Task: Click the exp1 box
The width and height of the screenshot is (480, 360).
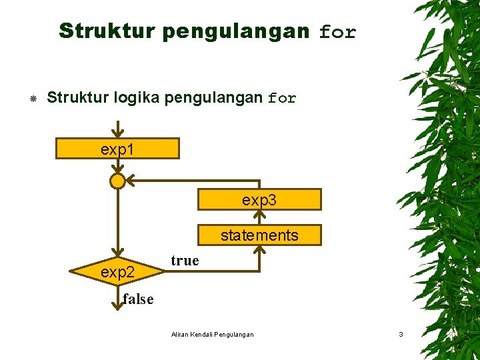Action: [117, 149]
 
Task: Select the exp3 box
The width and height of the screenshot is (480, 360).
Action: [259, 199]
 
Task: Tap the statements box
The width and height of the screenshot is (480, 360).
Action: [259, 235]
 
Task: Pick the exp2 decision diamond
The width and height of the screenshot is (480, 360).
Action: [117, 272]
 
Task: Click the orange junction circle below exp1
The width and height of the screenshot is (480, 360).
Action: [117, 181]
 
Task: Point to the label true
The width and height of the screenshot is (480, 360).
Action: [185, 261]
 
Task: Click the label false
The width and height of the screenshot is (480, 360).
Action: [138, 299]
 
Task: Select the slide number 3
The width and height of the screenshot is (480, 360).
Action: [401, 334]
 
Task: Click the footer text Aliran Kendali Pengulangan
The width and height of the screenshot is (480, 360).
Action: [212, 334]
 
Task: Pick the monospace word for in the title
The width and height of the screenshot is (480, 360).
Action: [338, 32]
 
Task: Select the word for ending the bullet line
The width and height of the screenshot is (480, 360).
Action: [282, 99]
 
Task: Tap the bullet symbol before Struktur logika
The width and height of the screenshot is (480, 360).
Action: [32, 99]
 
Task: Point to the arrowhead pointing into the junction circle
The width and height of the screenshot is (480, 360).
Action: [131, 181]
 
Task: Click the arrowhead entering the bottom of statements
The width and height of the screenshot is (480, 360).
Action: [259, 251]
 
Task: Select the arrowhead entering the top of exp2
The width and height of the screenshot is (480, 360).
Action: [117, 251]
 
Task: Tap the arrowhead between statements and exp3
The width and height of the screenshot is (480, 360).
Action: [259, 215]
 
